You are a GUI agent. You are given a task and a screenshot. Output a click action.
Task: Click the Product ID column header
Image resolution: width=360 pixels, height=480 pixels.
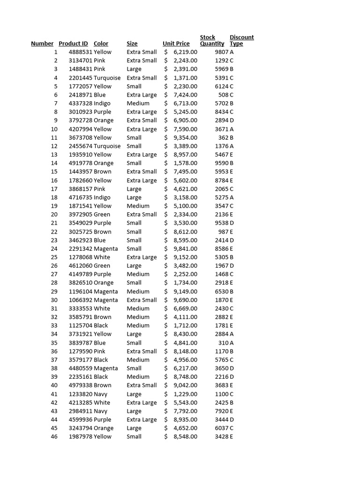click(73, 44)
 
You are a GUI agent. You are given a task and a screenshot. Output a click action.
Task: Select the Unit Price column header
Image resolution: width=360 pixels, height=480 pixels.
click(176, 44)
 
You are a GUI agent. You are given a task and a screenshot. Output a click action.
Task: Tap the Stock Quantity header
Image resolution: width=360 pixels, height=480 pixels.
click(212, 40)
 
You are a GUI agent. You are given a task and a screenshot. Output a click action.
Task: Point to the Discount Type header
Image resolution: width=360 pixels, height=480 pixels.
click(241, 40)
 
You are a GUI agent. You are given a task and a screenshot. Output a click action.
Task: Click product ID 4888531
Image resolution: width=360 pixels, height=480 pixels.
click(81, 52)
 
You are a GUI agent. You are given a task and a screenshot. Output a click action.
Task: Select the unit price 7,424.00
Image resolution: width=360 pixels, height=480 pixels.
click(185, 95)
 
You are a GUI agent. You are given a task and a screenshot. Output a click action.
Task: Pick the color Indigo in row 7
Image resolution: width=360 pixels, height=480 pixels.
click(102, 103)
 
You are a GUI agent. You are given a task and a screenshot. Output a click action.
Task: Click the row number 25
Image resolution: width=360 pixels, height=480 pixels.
click(54, 257)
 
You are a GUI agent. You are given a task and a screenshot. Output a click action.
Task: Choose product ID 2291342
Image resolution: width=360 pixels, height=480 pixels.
click(81, 248)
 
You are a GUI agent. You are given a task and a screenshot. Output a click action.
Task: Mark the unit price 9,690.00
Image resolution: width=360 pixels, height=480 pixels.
click(185, 300)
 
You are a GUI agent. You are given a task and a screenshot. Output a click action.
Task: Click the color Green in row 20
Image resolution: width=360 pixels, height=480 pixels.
click(102, 214)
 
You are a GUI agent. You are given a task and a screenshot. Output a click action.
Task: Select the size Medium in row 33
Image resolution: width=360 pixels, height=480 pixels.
click(138, 325)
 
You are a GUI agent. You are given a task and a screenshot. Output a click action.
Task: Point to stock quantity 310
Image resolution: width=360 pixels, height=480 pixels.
click(223, 343)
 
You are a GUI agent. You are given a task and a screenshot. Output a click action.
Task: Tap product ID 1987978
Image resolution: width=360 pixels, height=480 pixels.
click(81, 436)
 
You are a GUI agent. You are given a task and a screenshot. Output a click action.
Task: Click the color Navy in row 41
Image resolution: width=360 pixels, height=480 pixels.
click(100, 394)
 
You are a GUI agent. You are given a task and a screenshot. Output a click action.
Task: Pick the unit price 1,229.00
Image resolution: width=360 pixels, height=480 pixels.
click(185, 394)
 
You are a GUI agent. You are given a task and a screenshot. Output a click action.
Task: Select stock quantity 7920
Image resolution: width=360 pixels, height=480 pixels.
click(221, 411)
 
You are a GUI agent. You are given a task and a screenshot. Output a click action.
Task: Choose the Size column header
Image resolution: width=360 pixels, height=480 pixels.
click(132, 44)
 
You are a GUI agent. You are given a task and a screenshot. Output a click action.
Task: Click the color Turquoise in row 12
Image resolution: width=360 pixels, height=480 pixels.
click(107, 146)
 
